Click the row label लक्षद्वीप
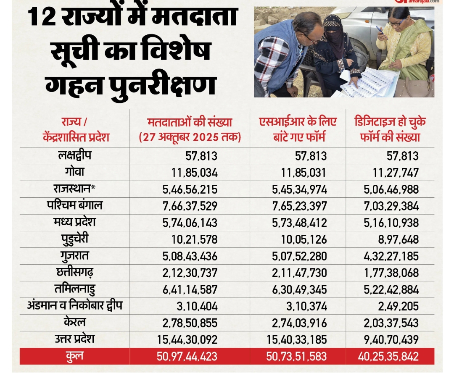75,155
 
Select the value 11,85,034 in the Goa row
195,172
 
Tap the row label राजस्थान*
75,189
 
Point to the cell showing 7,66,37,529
190,206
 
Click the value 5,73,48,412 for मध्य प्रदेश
299,223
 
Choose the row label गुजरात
74,255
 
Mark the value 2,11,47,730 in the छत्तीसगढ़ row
299,273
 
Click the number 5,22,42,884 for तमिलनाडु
391,290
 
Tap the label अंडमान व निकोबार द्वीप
75,306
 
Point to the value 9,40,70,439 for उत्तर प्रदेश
391,340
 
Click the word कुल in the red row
75,356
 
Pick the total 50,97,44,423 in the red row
187,357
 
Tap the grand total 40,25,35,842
388,357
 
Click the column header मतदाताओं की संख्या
190,123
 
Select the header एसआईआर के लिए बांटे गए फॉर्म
298,129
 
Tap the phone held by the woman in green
380,30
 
